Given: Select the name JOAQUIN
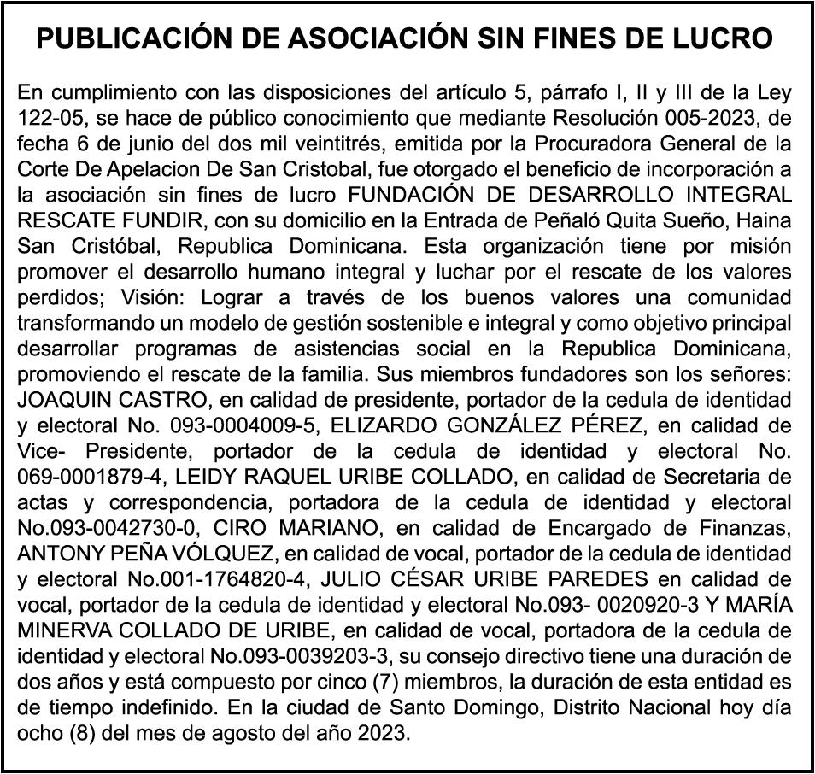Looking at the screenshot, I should click(60, 402).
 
